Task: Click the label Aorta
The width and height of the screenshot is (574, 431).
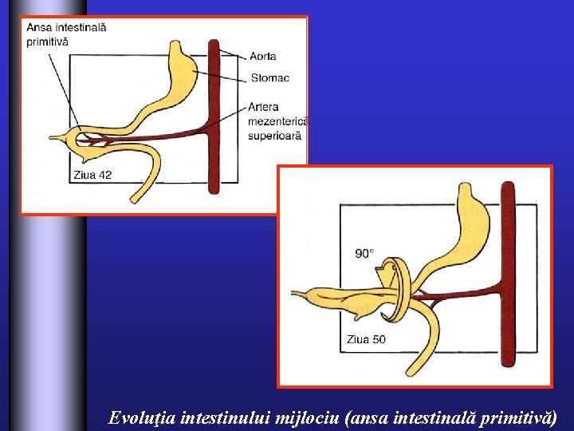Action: point(262,56)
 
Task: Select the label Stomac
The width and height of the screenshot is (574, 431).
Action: point(269,77)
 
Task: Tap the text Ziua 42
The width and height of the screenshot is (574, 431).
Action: point(92,175)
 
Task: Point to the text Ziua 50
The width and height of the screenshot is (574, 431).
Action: point(366,339)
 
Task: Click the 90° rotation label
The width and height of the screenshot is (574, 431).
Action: point(364,253)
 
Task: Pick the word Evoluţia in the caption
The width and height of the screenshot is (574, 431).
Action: point(142,417)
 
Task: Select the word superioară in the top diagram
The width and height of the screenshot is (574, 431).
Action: point(275,136)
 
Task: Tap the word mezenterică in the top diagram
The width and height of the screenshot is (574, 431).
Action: point(278,121)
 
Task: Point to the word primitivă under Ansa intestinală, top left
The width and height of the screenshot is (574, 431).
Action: point(47,41)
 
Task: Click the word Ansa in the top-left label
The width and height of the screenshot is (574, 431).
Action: point(40,26)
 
